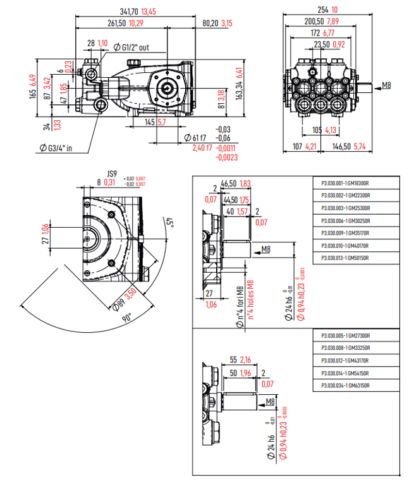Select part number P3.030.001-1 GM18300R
(x=345, y=184)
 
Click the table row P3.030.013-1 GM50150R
(x=345, y=258)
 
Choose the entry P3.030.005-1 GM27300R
(x=345, y=336)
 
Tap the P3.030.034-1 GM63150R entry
(x=345, y=385)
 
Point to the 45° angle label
(x=169, y=222)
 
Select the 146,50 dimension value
(x=341, y=147)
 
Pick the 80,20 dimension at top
(x=210, y=23)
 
